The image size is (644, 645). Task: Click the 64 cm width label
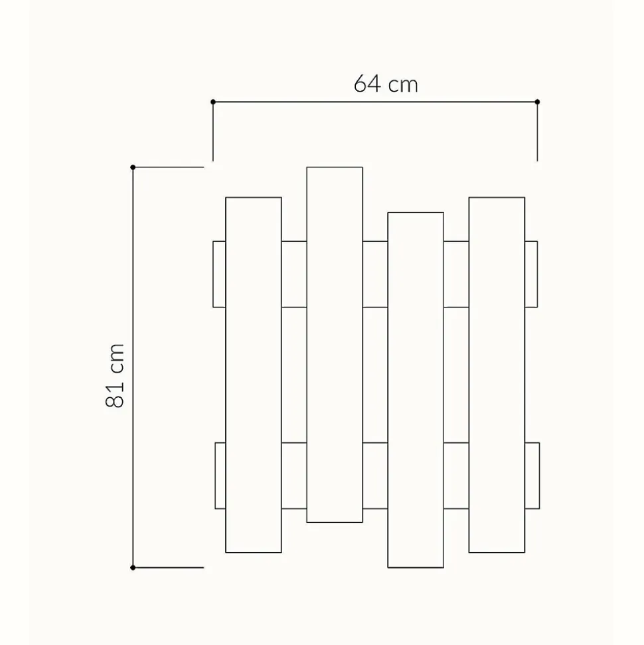[386, 84]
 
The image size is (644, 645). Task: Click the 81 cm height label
[115, 375]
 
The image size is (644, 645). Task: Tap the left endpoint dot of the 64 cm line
[213, 102]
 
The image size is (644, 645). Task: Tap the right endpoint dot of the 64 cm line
[537, 102]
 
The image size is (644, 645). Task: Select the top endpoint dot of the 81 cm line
[133, 167]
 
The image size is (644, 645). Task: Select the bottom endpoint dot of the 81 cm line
[133, 568]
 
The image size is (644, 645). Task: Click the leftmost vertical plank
[254, 375]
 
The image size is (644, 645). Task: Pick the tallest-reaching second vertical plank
[335, 345]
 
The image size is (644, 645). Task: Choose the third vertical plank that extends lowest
[416, 390]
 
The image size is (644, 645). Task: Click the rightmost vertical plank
[497, 375]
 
